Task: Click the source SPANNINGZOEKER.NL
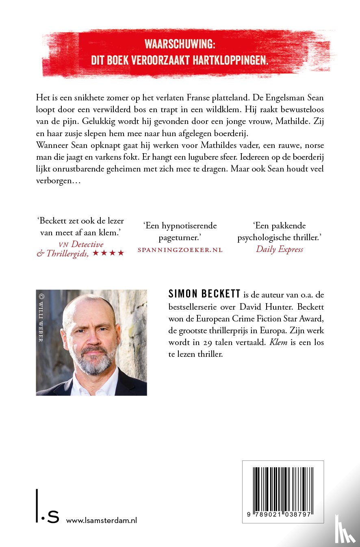point(180,250)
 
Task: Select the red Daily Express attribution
point(280,249)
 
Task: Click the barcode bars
point(283,488)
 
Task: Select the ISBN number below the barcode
point(283,514)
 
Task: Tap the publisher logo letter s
point(53,517)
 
